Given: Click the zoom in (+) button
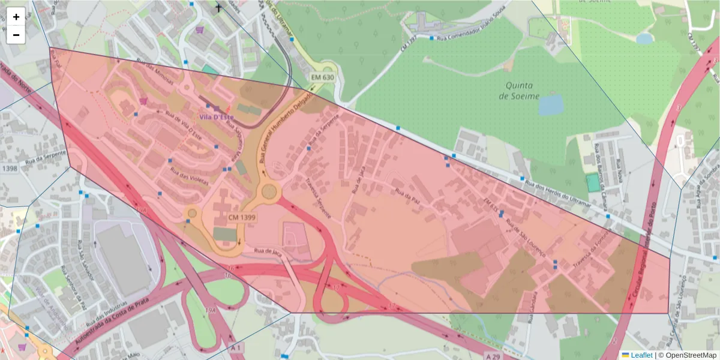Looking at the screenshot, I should click(16, 17).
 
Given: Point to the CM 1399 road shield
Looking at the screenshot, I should click(242, 217).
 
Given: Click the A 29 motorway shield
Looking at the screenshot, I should click(492, 356).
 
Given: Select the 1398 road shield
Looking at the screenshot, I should click(10, 169).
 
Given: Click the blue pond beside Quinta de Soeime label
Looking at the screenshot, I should click(551, 104).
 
